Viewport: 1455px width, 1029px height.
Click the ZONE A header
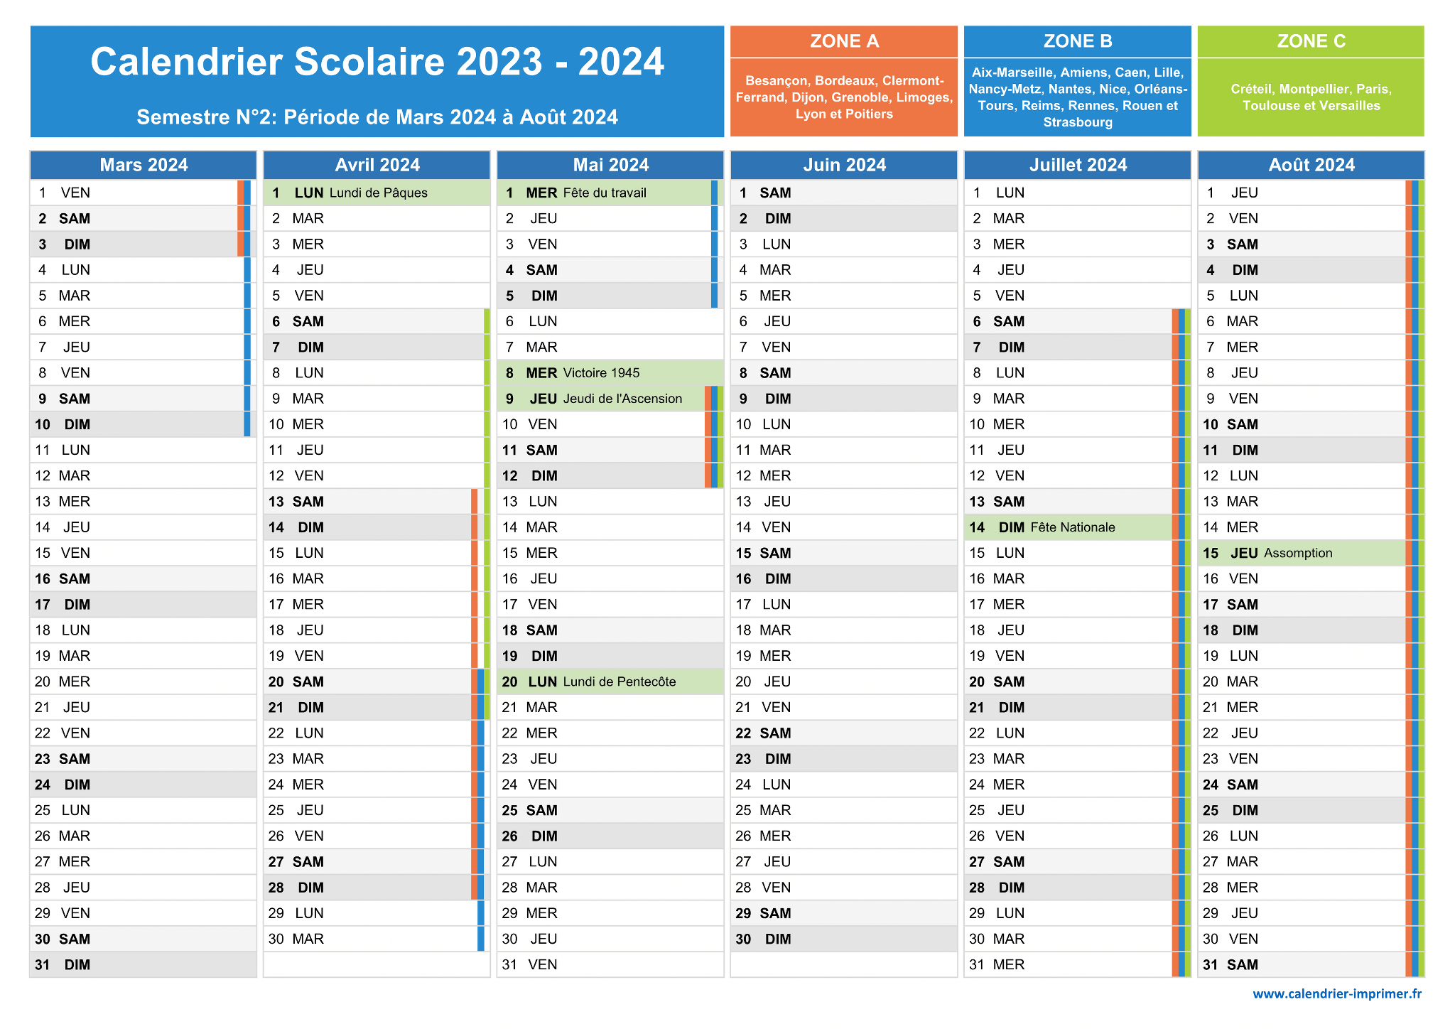844,41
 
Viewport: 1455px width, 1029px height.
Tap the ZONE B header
1078,41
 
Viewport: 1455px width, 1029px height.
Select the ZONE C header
1311,41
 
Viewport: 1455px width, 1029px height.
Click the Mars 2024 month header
144,165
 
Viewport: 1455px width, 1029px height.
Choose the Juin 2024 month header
844,165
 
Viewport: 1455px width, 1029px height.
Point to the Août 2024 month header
1311,165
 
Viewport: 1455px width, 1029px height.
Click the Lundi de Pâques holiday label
379,193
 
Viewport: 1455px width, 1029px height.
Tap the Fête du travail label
605,193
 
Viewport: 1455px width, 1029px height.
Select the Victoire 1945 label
601,373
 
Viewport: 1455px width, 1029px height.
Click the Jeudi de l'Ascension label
622,399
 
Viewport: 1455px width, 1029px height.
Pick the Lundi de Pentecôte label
620,681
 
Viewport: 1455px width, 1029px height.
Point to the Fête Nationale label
1073,527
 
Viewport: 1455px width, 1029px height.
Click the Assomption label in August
1298,553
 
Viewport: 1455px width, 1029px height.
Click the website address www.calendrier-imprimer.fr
1337,993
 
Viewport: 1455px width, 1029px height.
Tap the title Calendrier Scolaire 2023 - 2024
377,62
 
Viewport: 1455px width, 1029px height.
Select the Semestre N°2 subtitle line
377,117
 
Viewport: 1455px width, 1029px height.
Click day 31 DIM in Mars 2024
63,965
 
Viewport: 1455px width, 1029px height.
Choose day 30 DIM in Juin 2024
764,939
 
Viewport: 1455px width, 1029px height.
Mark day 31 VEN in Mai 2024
529,965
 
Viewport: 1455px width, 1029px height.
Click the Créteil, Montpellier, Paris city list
1311,97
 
